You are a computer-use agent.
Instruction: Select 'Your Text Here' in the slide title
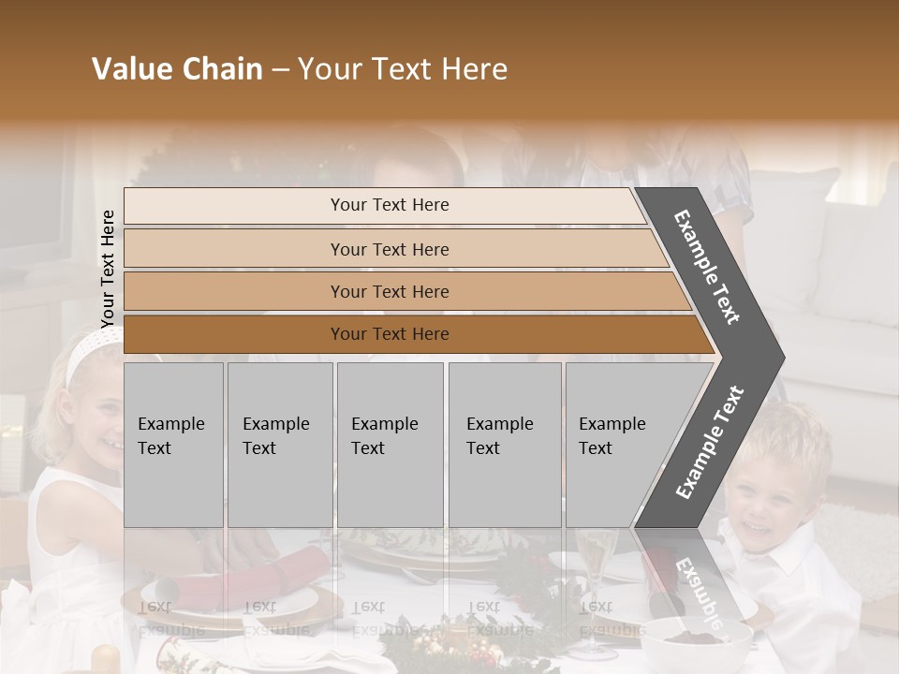403,69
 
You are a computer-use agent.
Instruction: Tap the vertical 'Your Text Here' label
108,269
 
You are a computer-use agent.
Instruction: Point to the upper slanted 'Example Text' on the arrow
707,266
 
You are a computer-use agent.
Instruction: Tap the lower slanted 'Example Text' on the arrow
709,442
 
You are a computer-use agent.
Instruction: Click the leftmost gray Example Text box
173,444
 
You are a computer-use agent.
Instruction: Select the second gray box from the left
279,444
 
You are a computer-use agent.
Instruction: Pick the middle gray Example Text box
390,444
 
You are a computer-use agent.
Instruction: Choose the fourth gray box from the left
504,444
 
